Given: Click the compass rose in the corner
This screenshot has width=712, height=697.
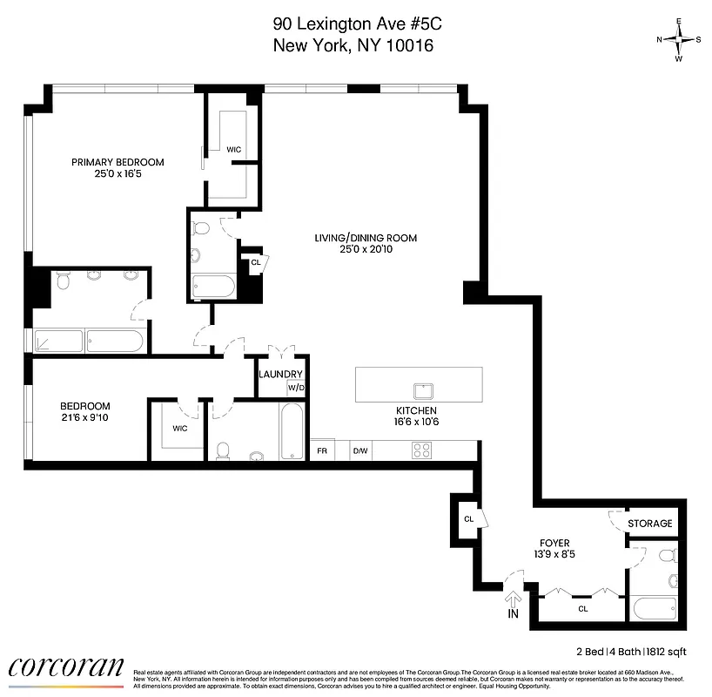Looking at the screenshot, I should (x=679, y=39).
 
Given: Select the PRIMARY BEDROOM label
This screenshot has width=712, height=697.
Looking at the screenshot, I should (x=118, y=162).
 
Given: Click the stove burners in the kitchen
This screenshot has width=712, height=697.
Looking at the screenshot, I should (x=421, y=450).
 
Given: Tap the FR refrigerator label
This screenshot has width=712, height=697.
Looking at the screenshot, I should (x=322, y=450).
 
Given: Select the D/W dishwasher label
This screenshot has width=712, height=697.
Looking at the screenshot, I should (x=359, y=450).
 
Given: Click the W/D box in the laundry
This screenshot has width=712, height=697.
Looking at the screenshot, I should (x=296, y=388).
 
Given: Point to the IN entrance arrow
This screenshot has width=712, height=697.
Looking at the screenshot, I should (x=513, y=603).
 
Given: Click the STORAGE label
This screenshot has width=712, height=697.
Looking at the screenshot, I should (x=651, y=524).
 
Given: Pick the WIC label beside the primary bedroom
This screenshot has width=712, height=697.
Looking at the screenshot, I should (x=233, y=150).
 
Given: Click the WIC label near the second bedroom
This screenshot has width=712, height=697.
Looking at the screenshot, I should (x=179, y=428).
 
